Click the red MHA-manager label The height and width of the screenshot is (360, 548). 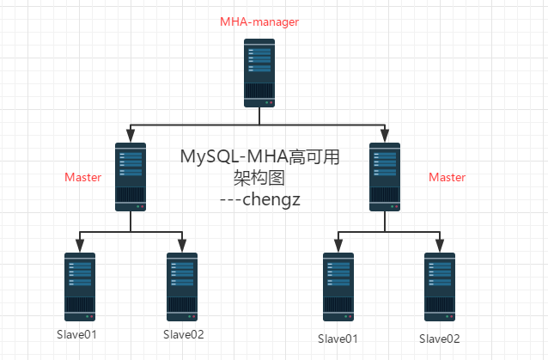259,21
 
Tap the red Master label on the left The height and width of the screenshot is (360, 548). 83,177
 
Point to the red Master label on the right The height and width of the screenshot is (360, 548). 447,177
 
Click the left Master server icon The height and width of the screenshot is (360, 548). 131,177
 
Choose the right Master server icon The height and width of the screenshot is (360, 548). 385,177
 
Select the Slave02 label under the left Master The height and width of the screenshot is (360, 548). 183,333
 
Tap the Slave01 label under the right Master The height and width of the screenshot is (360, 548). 338,339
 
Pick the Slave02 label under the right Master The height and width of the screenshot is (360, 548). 440,339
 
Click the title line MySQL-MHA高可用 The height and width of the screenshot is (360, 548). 260,157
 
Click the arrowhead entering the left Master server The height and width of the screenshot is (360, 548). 131,135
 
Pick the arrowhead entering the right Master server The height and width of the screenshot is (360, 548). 385,135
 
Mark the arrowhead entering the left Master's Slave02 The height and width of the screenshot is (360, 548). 182,245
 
